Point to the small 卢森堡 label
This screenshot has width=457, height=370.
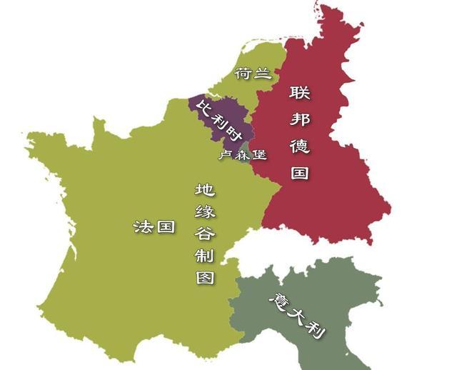(x=243, y=154)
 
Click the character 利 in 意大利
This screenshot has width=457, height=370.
(x=316, y=329)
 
